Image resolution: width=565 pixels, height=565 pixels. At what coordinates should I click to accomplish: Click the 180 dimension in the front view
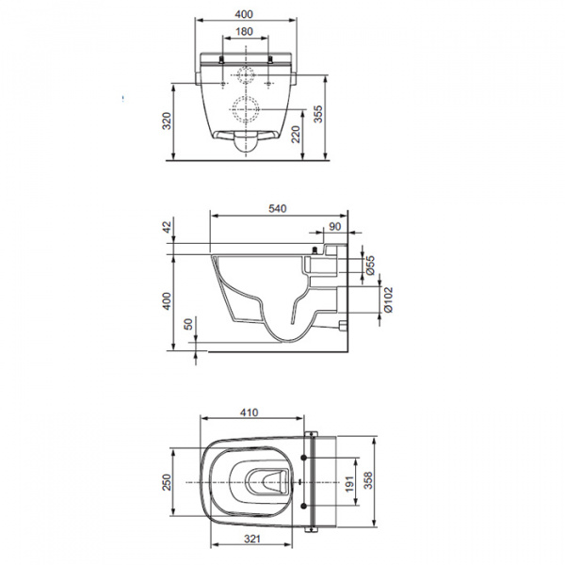[x=244, y=32]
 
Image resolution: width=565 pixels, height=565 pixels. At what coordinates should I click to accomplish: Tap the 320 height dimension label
[x=167, y=121]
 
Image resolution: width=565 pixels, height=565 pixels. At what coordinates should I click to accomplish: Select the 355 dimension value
[x=318, y=114]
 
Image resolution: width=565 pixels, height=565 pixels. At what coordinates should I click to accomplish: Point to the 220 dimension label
[x=296, y=134]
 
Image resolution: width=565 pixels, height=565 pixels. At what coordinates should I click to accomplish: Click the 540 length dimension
[x=278, y=209]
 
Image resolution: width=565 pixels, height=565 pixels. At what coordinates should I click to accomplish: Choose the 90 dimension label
[x=334, y=227]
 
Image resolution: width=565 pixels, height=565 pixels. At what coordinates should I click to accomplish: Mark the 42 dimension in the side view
[x=168, y=227]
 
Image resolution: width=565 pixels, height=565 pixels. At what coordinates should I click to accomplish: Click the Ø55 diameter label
[x=370, y=266]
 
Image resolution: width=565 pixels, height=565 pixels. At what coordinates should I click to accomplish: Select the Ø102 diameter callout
[x=388, y=299]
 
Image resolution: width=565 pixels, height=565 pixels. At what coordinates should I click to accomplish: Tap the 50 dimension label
[x=189, y=324]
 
